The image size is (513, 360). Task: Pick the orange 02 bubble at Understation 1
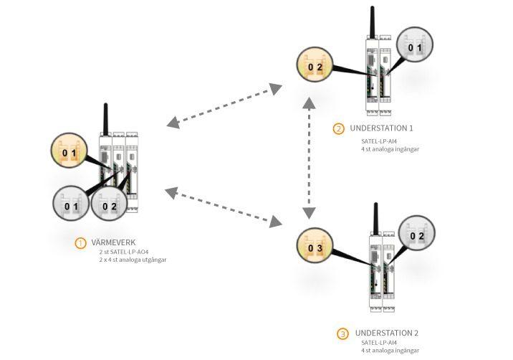(x=317, y=67)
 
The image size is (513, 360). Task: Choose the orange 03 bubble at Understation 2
(x=315, y=249)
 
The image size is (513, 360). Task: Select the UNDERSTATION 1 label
(x=382, y=128)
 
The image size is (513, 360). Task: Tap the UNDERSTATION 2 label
(x=386, y=333)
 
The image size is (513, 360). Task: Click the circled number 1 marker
(x=80, y=243)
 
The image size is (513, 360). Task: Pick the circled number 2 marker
(x=338, y=129)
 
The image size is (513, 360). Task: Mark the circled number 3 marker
(x=342, y=334)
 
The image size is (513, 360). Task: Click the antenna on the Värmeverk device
(x=106, y=119)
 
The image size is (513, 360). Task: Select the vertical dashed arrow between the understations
(x=309, y=157)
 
